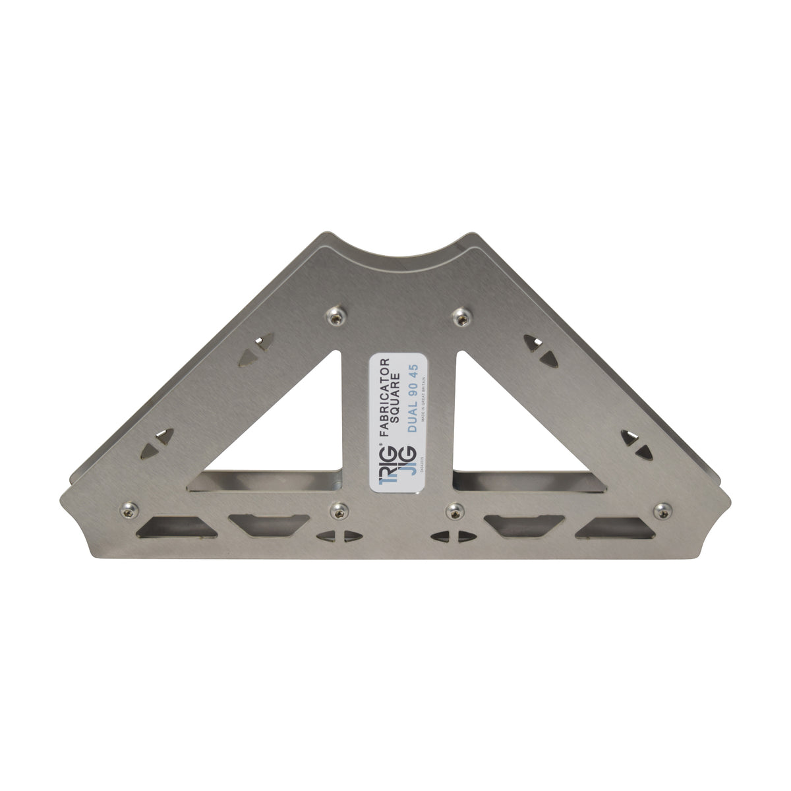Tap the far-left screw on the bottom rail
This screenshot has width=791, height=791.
[x=128, y=509]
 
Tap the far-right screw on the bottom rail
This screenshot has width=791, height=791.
[x=663, y=510]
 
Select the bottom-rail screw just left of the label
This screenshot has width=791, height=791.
[x=339, y=510]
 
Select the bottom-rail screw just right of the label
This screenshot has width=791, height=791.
[x=455, y=510]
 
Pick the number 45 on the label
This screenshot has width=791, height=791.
[x=417, y=367]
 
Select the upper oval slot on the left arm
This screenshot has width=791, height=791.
[x=256, y=349]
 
